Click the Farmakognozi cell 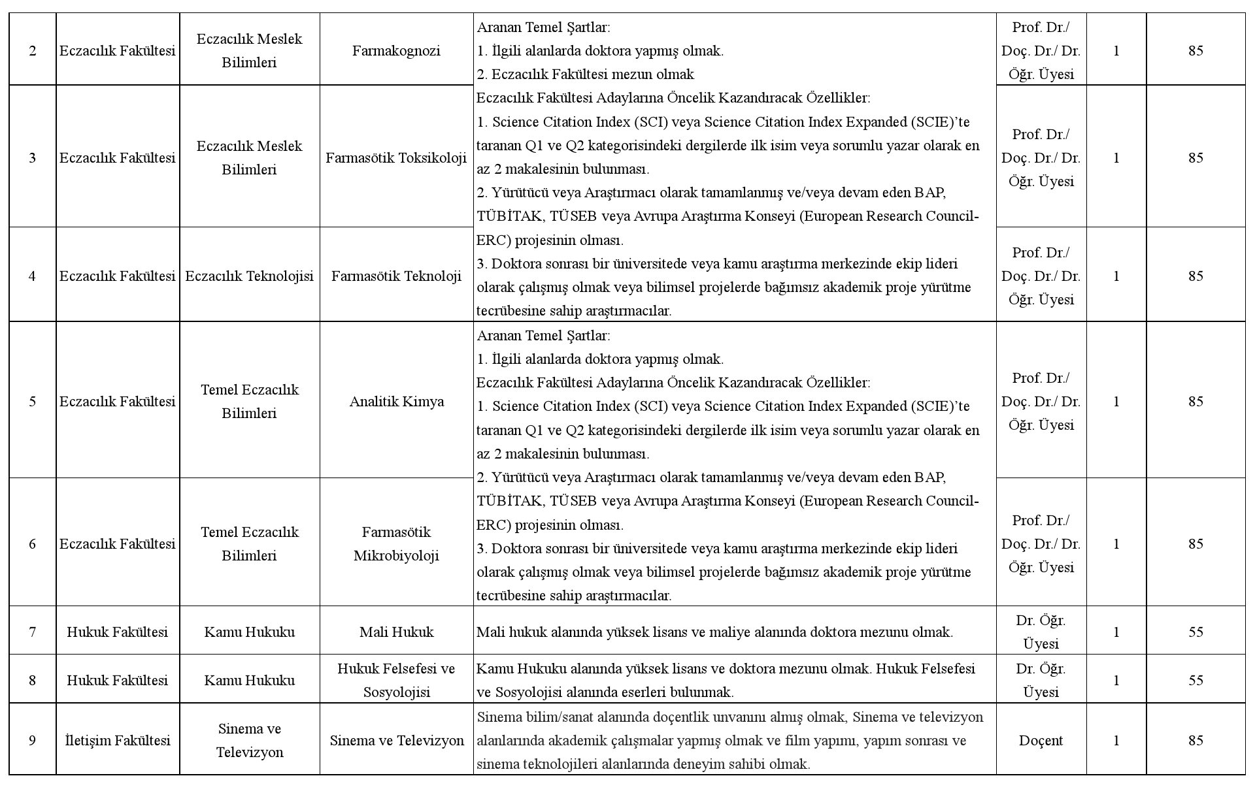point(396,51)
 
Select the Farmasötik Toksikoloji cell point(396,157)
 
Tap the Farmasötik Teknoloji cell point(396,276)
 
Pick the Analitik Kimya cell point(396,401)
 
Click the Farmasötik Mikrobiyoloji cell point(396,543)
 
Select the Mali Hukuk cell point(396,632)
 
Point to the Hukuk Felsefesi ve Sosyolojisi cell point(396,680)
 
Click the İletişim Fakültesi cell point(118,740)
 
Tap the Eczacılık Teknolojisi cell point(249,276)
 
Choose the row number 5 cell point(33,401)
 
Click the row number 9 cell point(33,740)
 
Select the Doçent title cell point(1041,740)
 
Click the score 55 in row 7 point(1196,632)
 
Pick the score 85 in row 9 point(1196,740)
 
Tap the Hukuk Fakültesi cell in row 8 point(118,680)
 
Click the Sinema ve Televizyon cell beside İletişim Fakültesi point(249,740)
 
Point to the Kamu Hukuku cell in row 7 point(249,632)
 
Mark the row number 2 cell point(33,51)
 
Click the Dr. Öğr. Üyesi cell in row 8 point(1041,680)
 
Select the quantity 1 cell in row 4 point(1116,276)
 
